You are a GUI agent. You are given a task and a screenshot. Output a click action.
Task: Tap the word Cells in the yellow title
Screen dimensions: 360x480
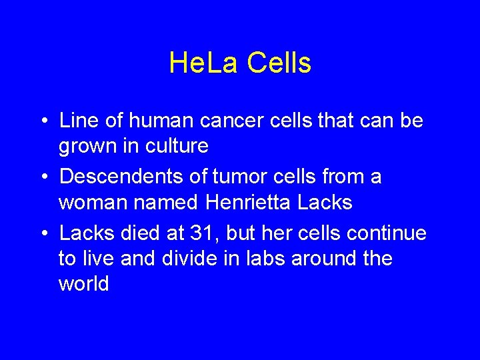tap(279, 63)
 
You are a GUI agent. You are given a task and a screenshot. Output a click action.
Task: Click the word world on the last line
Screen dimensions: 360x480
tap(84, 283)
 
